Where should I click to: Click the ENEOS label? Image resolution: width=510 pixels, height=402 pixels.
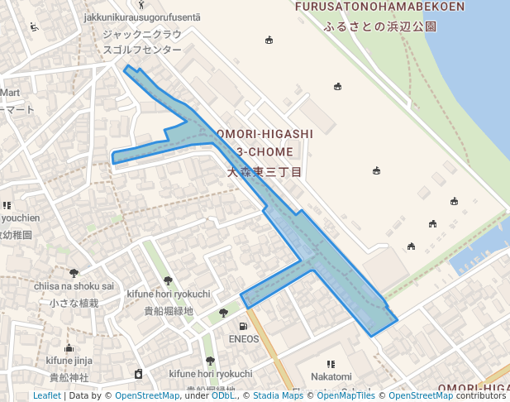(x=243, y=338)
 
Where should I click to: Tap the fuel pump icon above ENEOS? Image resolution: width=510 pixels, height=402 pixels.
(x=243, y=326)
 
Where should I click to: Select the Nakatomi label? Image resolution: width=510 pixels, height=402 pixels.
(x=331, y=376)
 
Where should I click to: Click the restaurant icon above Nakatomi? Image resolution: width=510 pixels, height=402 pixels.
(x=331, y=364)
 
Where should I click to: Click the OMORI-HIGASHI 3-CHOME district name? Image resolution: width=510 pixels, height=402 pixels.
(x=265, y=142)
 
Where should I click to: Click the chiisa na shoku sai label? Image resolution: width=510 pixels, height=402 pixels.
(x=74, y=286)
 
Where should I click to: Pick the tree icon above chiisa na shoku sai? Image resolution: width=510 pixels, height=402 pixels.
(x=74, y=273)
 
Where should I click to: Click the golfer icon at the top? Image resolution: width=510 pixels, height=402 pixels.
(x=141, y=4)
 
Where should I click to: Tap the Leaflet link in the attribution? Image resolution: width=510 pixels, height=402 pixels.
(x=46, y=395)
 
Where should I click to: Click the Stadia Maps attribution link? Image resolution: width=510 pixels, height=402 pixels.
(x=279, y=395)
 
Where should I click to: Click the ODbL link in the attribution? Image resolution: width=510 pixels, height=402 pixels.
(x=222, y=395)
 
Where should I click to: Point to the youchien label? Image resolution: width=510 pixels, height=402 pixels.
(x=20, y=218)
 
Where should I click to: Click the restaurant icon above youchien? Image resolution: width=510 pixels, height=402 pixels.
(x=7, y=205)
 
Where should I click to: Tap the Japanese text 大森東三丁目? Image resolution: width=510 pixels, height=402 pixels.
(x=265, y=172)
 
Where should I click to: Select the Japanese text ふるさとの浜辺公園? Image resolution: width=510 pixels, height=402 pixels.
(x=380, y=26)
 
